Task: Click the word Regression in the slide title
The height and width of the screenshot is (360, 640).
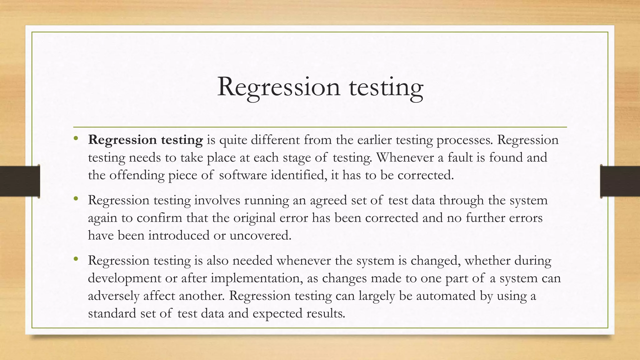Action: [x=278, y=87]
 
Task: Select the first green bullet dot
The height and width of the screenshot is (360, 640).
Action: [x=76, y=138]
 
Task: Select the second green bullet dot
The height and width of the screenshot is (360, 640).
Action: [x=76, y=199]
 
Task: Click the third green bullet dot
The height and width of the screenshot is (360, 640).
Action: [x=76, y=259]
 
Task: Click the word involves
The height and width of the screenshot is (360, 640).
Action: [x=217, y=200]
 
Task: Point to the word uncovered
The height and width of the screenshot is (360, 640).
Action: [x=260, y=235]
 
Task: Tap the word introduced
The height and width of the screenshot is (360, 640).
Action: [x=179, y=235]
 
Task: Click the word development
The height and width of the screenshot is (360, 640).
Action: [x=124, y=278]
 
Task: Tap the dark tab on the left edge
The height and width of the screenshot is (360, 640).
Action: [x=20, y=181]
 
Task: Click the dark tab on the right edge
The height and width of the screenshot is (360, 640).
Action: [x=620, y=181]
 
